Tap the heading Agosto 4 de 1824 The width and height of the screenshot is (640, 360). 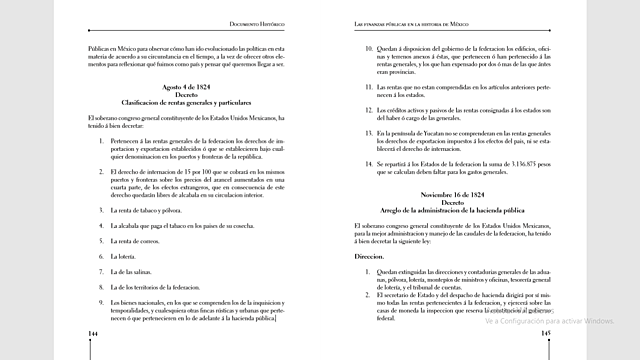[x=190, y=88]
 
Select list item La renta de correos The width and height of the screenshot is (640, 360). [x=137, y=241]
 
